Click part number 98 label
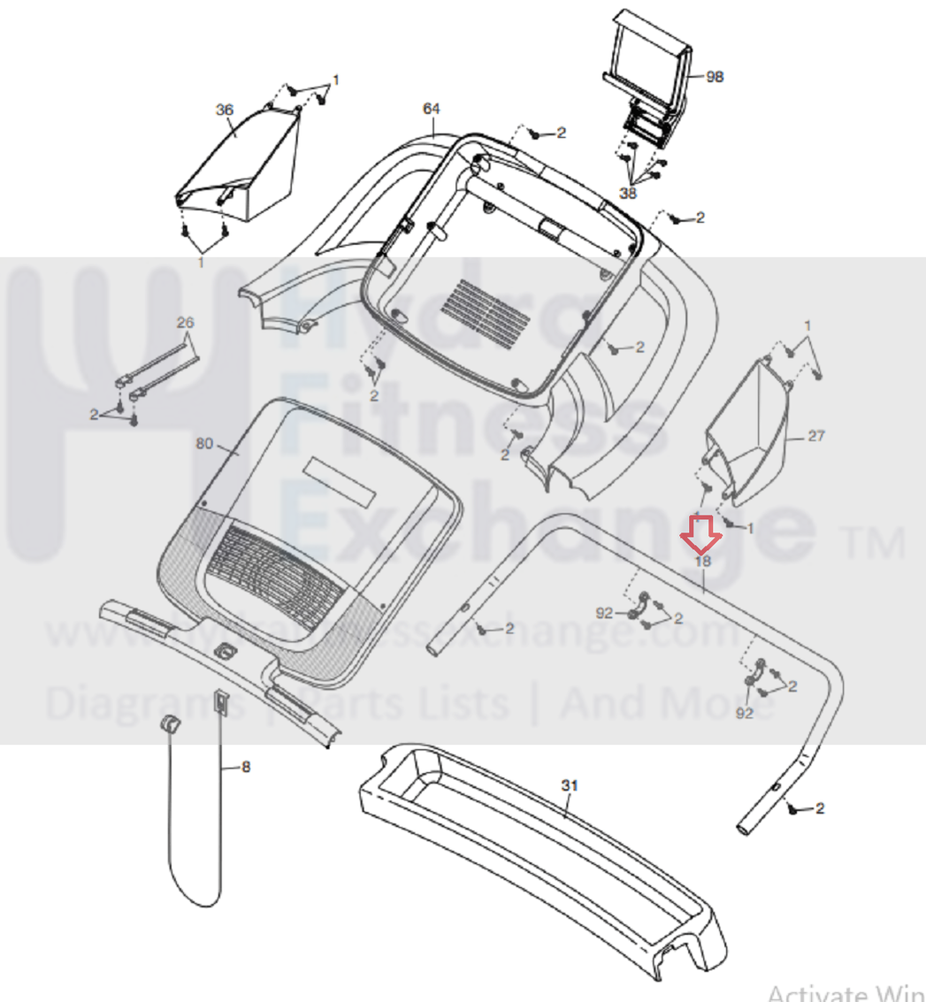[715, 77]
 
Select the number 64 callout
[431, 109]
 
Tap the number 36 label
[225, 110]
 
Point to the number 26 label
[184, 321]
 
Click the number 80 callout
[203, 444]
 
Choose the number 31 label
[569, 785]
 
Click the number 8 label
[245, 767]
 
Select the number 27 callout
[815, 435]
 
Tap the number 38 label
[628, 192]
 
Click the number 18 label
[703, 560]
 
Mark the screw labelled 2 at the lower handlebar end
[793, 809]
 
